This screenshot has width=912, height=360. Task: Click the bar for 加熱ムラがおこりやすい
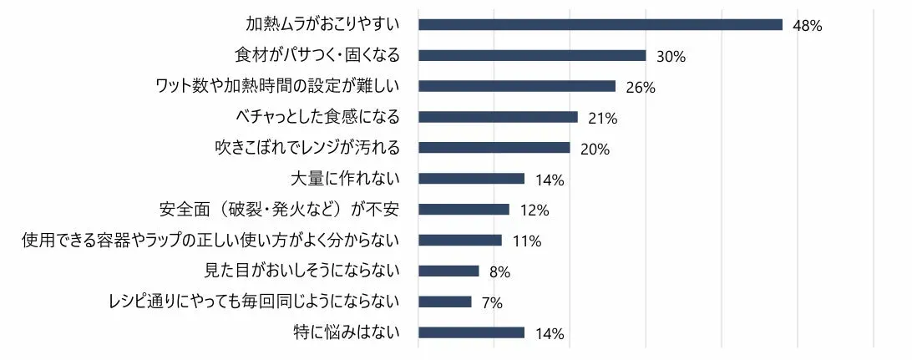point(600,24)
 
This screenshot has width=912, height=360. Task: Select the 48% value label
point(808,26)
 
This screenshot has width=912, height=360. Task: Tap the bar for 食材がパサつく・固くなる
point(532,55)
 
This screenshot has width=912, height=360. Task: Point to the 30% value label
point(671,57)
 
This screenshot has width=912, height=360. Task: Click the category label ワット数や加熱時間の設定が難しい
point(278,86)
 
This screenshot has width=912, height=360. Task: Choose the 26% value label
point(641,88)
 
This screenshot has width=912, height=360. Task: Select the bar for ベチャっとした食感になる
point(498,117)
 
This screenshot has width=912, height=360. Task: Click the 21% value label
point(602,119)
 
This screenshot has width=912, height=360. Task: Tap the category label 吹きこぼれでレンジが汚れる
point(307,148)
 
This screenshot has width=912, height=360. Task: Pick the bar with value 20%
point(494,148)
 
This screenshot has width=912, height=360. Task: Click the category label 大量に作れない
point(346,179)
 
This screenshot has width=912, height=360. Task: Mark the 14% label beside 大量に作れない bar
point(550,180)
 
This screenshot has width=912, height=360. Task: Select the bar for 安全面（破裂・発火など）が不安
point(464,209)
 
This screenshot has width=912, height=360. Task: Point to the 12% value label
point(534,210)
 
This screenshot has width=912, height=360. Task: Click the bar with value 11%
point(459,240)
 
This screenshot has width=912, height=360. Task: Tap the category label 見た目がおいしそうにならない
point(302,271)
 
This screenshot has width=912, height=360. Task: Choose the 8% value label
point(499,272)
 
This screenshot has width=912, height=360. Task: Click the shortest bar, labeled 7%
point(444,302)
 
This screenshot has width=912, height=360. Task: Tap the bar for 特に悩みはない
point(471,332)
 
